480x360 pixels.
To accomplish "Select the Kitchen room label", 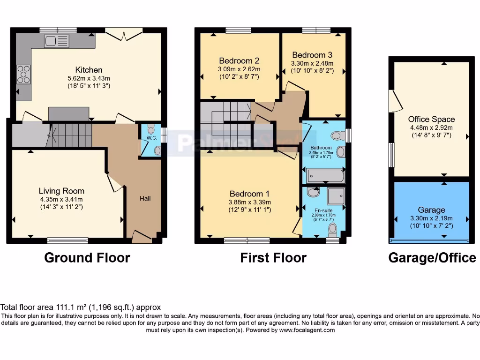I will coord(89,70).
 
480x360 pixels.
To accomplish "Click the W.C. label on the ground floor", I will coord(151,138).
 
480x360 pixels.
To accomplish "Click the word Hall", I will coord(145,198).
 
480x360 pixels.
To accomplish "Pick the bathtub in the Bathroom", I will coord(325,176).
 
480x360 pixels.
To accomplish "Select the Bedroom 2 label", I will coord(239,60).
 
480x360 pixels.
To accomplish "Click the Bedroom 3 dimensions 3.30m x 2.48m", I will coord(312,63).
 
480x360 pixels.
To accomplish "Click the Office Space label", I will coord(431,119).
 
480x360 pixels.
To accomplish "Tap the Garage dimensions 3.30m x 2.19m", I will coord(431,218).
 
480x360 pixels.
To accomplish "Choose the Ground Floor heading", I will coord(87,257).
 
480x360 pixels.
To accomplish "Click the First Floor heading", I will coord(273,257).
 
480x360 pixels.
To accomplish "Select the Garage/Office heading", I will coord(432,257).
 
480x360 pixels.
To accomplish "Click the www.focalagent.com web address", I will coord(307,330).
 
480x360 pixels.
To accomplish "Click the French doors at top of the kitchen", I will coord(123,32).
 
